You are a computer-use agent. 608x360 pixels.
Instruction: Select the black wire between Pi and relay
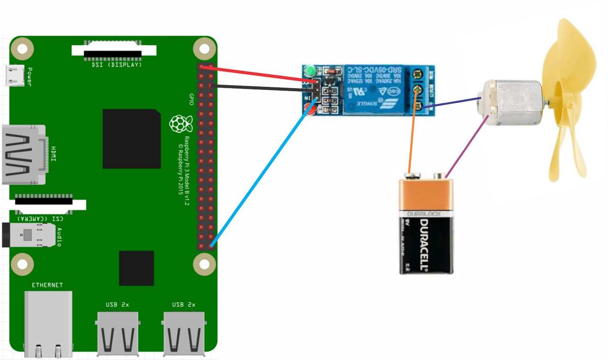click(x=261, y=89)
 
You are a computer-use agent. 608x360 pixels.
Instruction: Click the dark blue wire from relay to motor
click(x=452, y=102)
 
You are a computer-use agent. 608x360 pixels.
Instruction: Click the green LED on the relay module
click(x=310, y=70)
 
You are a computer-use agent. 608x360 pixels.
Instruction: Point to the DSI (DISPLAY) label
click(x=116, y=65)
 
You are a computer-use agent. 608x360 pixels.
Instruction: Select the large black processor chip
click(x=131, y=139)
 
